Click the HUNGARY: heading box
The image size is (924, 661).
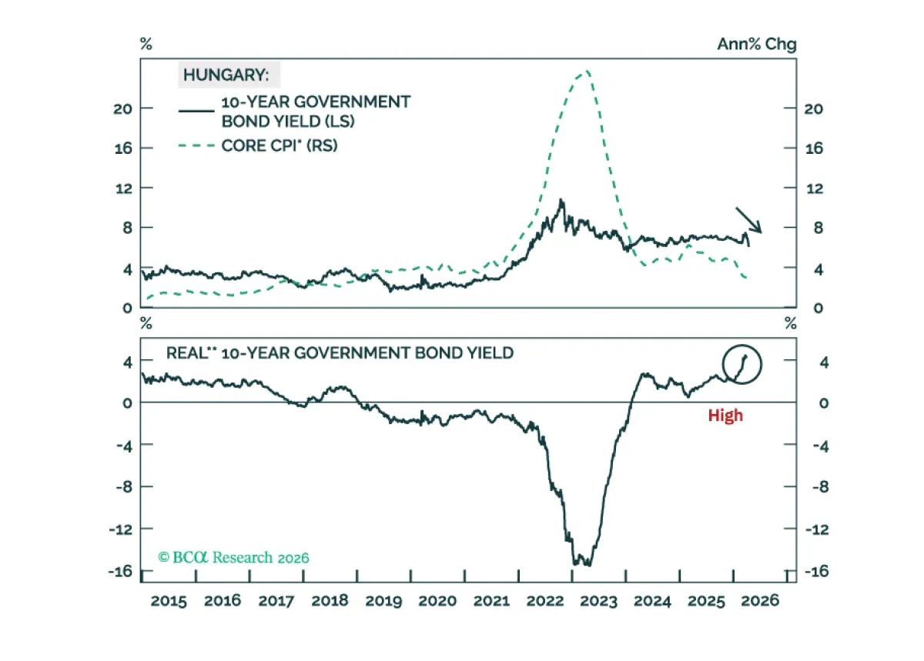[x=229, y=75]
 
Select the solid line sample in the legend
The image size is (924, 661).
[x=196, y=111]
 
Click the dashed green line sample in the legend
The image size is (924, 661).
[x=196, y=145]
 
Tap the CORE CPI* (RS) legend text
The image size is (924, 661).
[x=280, y=145]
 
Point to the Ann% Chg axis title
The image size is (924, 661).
[x=756, y=44]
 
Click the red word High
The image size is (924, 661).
[x=725, y=416]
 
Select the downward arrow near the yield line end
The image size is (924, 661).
[x=748, y=220]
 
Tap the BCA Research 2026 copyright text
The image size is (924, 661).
[x=233, y=557]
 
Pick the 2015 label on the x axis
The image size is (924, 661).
[x=169, y=601]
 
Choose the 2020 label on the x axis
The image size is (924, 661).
[x=437, y=601]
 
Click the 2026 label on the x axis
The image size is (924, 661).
[x=760, y=601]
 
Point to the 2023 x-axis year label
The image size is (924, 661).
[x=598, y=601]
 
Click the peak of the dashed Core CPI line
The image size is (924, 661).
[x=587, y=72]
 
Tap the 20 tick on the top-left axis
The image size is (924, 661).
[x=123, y=108]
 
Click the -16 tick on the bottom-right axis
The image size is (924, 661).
[x=817, y=571]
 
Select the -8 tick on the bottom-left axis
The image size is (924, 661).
[x=124, y=487]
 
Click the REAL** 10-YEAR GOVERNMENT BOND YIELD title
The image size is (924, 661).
[x=340, y=353]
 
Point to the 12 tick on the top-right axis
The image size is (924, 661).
[x=815, y=189]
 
